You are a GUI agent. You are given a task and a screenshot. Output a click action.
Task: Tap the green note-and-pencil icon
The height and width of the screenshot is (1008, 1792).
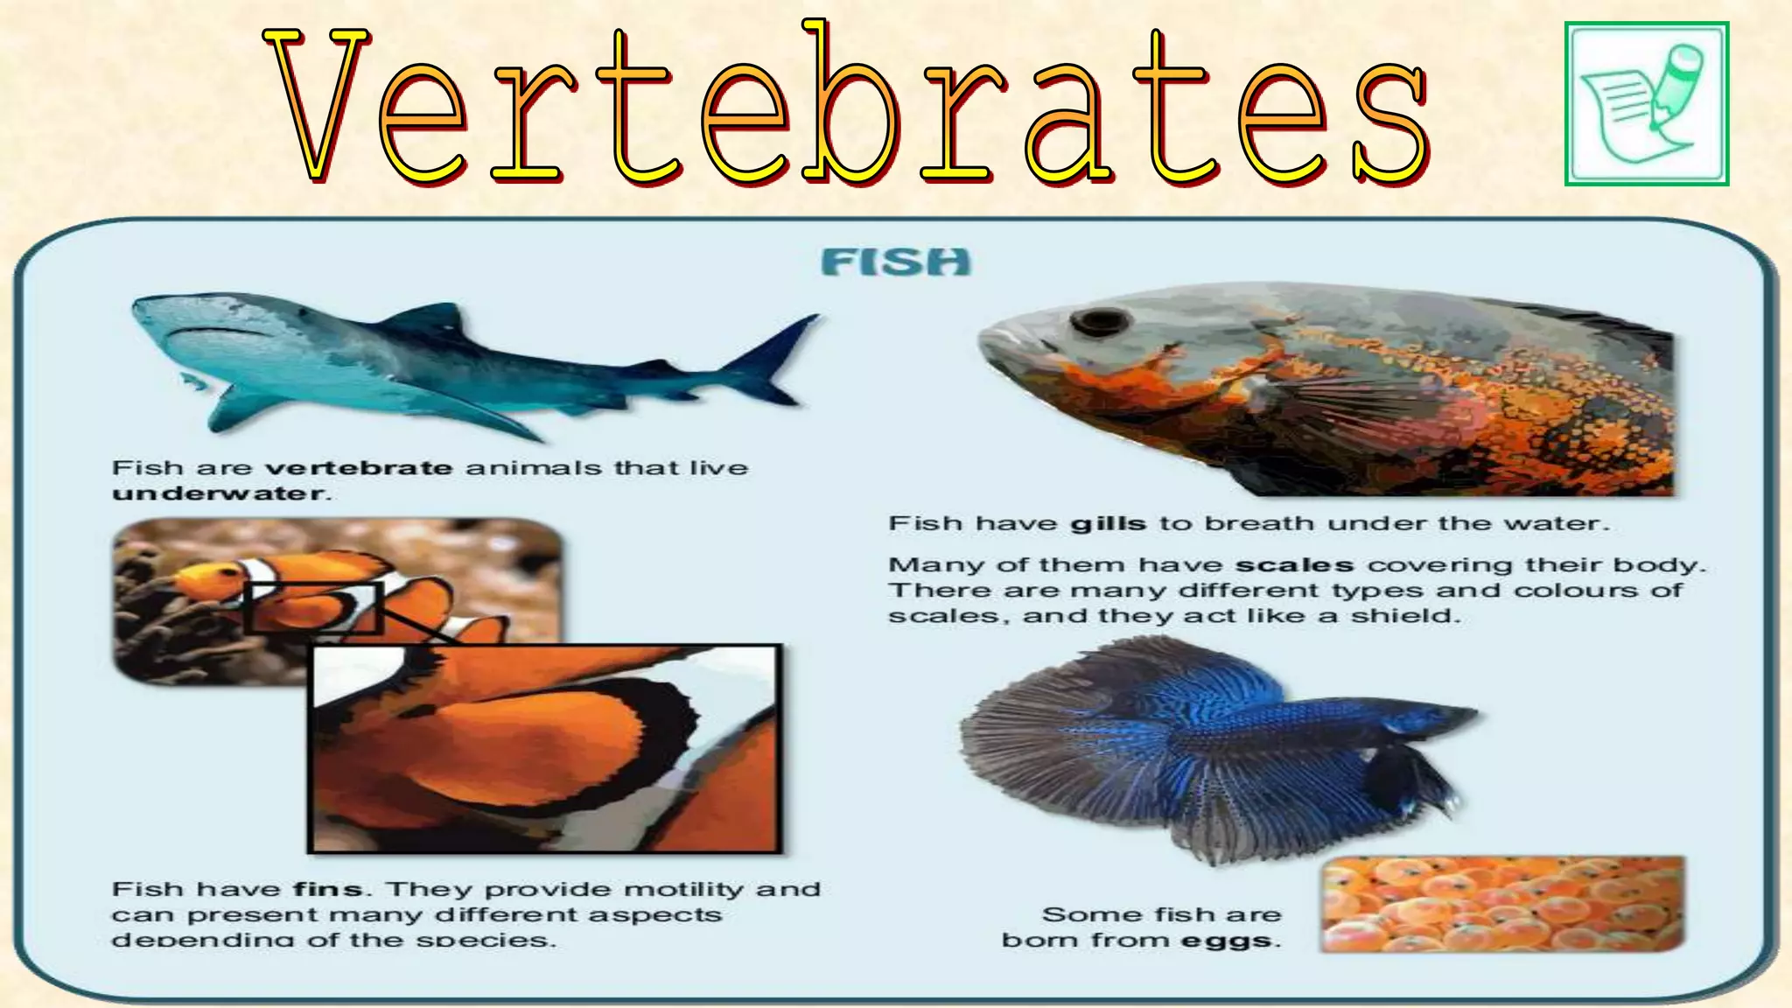[x=1646, y=103]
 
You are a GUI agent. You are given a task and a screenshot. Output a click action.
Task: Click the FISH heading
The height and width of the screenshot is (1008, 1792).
[x=896, y=262]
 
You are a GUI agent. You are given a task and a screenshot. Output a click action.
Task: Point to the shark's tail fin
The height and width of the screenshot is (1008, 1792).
[x=779, y=354]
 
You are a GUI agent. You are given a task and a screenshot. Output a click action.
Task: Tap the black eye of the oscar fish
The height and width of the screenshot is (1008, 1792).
[x=1100, y=321]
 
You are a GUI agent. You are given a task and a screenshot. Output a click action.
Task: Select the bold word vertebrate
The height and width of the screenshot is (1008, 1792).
[x=359, y=468]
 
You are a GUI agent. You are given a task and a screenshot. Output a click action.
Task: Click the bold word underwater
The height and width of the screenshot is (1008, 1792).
[x=218, y=493]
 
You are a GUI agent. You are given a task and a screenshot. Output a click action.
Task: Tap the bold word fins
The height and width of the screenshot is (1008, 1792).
[x=327, y=890]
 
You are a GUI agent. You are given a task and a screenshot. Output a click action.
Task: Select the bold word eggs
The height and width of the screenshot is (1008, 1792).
[x=1228, y=941]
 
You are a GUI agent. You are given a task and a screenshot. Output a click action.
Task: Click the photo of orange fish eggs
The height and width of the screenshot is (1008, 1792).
[x=1501, y=904]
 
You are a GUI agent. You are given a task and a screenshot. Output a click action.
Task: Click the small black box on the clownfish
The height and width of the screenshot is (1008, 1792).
[x=313, y=607]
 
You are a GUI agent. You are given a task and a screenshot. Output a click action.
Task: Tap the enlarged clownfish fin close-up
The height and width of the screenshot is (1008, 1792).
[x=544, y=748]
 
